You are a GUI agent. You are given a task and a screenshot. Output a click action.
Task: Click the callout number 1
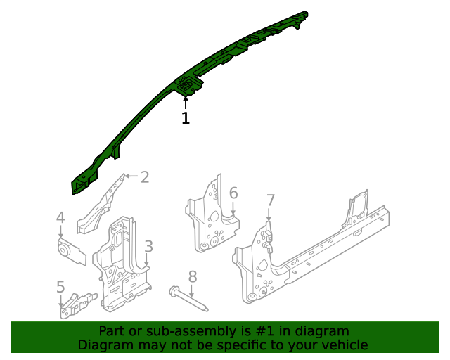pos(186,119)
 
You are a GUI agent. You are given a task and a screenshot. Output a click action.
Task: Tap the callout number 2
pos(145,177)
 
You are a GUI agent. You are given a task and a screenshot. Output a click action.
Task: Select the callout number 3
pos(148,246)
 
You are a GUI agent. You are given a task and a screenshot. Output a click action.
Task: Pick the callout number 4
pos(61,219)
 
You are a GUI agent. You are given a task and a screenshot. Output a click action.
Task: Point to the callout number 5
pos(61,287)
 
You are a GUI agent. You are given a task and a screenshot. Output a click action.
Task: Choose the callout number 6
pos(233,193)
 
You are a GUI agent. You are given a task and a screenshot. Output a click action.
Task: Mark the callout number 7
pos(271,200)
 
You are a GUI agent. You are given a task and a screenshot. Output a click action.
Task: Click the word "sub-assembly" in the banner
pos(164,331)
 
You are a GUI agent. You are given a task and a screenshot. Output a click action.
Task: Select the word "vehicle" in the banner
pos(343,345)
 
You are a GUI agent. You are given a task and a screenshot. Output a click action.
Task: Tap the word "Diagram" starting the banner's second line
pos(104,345)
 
